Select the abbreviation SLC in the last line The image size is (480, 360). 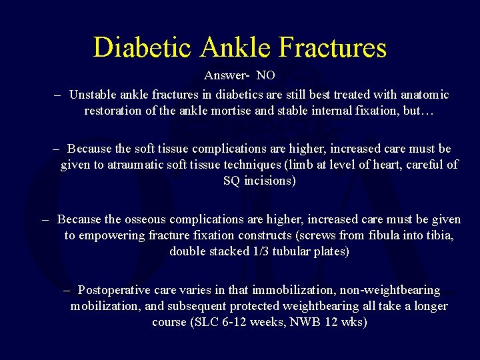tap(204, 322)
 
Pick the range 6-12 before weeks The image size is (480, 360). tap(235, 322)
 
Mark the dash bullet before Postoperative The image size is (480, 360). tap(68, 290)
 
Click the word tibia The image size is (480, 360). tap(443, 235)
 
